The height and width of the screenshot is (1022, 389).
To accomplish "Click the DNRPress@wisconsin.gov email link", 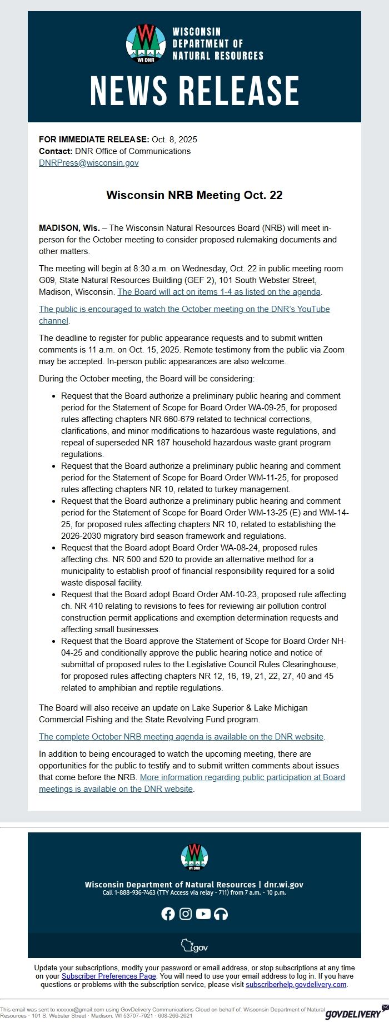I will point(88,163).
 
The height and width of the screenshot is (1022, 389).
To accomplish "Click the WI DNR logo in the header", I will point(146,44).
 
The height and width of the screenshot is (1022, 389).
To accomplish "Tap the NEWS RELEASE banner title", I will point(194,91).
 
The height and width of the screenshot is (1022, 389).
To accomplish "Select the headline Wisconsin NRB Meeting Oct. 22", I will point(194,195).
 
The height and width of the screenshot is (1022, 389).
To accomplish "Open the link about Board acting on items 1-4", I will point(219,292).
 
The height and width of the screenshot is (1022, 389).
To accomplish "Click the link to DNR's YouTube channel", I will point(184,309).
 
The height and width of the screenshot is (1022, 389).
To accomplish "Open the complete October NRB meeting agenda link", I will point(181,737).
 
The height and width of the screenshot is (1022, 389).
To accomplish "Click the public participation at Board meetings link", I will point(242,778).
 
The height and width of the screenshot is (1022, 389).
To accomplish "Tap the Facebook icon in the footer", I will point(168,914).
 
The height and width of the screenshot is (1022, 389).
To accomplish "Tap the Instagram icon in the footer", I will point(186,914).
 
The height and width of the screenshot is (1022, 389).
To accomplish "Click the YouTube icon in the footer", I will point(203,914).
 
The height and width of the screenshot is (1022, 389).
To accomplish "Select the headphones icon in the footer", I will point(221,914).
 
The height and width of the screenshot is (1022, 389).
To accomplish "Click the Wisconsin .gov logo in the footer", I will point(194,946).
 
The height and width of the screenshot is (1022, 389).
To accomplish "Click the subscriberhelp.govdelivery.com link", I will point(296,984).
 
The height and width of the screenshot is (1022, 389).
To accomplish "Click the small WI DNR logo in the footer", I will point(194,857).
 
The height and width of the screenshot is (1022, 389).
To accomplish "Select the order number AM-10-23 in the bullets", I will point(238,594).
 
